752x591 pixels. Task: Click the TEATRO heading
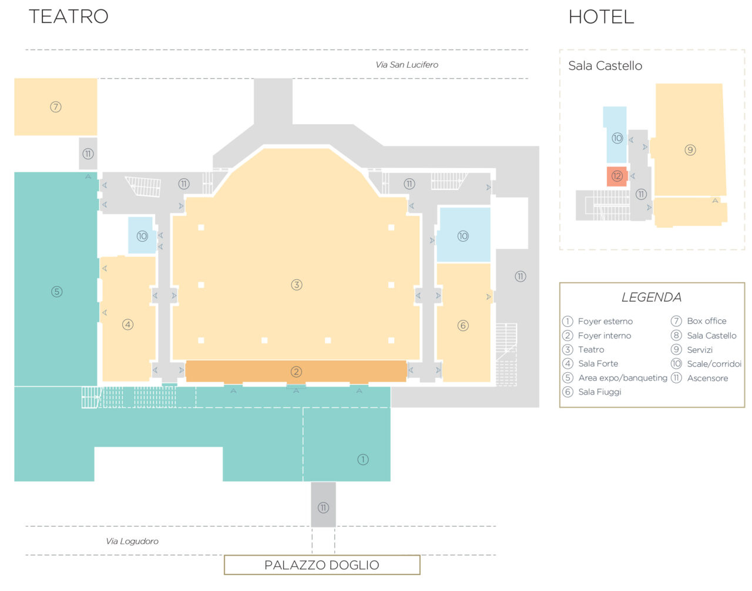click(69, 16)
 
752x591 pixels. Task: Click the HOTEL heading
click(601, 17)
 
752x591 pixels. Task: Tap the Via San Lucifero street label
click(407, 65)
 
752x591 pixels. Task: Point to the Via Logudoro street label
click(132, 541)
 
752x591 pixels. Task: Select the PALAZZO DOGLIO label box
click(322, 565)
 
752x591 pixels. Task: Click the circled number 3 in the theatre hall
click(297, 285)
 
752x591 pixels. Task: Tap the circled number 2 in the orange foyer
click(296, 372)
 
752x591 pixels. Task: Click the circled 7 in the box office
click(56, 106)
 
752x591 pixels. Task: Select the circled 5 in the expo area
click(57, 292)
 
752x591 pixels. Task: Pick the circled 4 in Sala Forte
click(127, 325)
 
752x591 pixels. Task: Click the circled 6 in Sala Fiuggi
click(463, 325)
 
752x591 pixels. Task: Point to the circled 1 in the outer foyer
click(362, 459)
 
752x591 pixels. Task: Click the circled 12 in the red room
click(617, 176)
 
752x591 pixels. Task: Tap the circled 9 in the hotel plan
click(690, 150)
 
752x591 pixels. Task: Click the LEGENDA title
click(652, 297)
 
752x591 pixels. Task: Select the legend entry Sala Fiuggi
click(600, 392)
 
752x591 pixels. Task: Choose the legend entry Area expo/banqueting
click(623, 378)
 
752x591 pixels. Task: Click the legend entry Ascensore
click(707, 378)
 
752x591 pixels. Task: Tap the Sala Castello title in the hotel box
click(605, 66)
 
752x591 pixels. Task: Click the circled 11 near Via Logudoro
click(323, 508)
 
